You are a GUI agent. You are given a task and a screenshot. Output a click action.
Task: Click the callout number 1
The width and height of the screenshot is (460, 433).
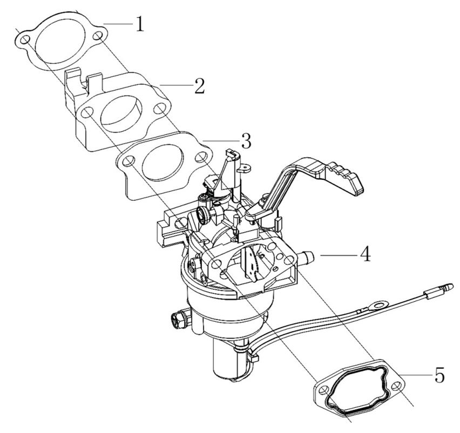click(x=140, y=24)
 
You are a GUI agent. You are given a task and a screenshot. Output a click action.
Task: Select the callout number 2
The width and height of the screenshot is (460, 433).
click(x=199, y=86)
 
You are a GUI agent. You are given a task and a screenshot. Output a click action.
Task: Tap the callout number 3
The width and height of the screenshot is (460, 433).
click(x=246, y=141)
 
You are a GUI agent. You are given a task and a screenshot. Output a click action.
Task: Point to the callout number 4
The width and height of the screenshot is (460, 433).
click(x=366, y=254)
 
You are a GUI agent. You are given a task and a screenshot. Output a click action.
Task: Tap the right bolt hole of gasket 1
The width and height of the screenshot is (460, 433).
click(x=98, y=36)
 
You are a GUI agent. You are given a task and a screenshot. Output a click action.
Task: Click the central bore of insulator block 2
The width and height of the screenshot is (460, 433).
click(x=122, y=113)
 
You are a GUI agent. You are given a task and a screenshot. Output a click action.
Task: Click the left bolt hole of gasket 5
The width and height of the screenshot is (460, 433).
click(x=322, y=390)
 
